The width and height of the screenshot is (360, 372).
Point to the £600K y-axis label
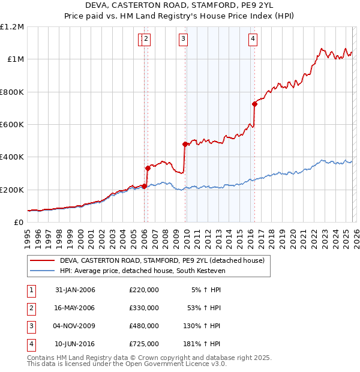pos(12,125)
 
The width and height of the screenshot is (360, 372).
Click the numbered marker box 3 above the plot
pos(183,40)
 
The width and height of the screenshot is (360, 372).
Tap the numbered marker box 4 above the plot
pos(253,40)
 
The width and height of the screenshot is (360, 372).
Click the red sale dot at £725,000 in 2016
pos(254,104)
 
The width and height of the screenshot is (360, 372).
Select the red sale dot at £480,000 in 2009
pos(185,144)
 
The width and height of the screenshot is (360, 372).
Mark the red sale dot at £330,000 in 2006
pos(148,169)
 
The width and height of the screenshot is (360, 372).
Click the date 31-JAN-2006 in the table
pos(75,290)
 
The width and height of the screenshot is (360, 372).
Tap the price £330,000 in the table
pos(144,308)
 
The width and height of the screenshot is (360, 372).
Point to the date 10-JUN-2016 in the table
pos(75,344)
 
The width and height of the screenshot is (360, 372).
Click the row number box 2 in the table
pos(30,308)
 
